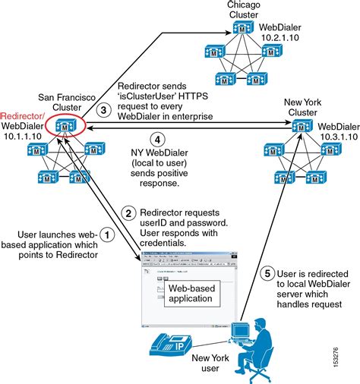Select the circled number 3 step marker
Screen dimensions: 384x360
coord(106,110)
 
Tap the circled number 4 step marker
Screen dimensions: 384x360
coord(156,140)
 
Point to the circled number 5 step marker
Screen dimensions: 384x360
coord(267,273)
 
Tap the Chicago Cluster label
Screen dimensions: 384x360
coord(243,11)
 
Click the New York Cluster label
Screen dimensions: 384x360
coord(301,106)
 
